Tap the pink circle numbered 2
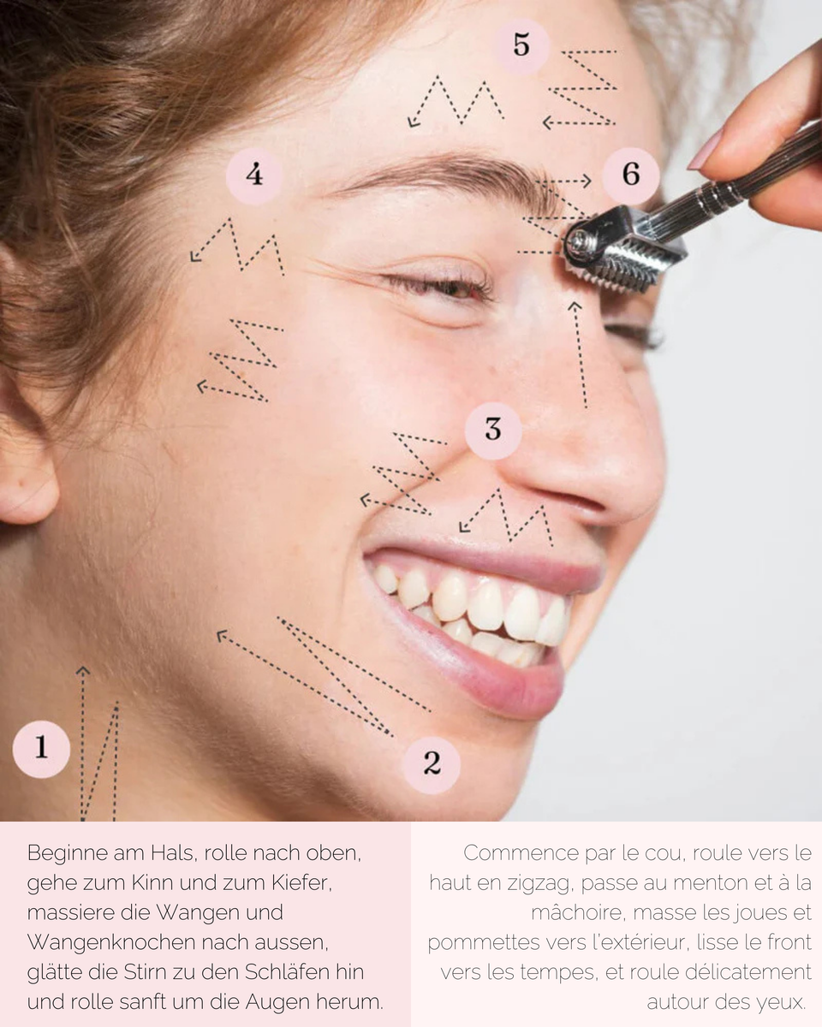(x=432, y=763)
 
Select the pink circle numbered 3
(x=493, y=430)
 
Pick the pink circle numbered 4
(x=254, y=175)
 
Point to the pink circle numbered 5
(x=521, y=45)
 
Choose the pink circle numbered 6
(x=631, y=175)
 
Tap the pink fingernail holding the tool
(x=706, y=150)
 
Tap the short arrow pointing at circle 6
(x=565, y=181)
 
